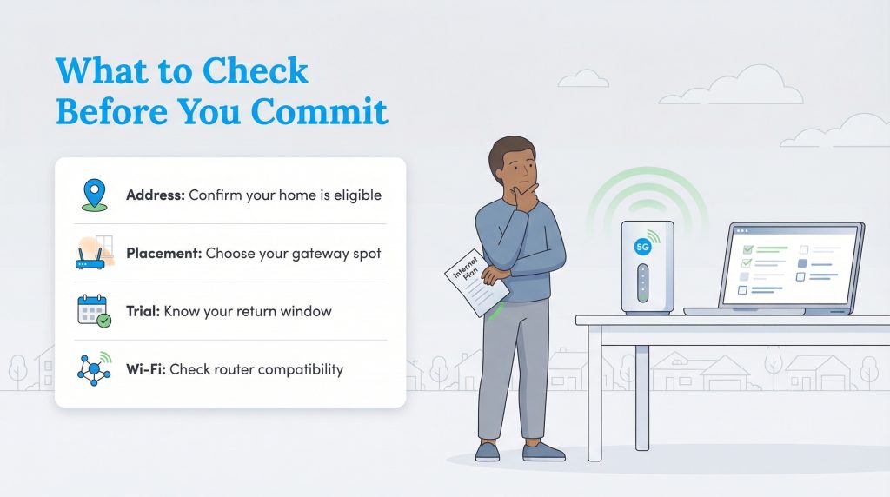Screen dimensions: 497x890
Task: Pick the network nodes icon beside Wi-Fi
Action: point(93,369)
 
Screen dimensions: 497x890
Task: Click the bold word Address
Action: point(156,195)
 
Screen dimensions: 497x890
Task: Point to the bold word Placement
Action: point(163,254)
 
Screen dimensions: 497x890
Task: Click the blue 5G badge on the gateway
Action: point(643,246)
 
